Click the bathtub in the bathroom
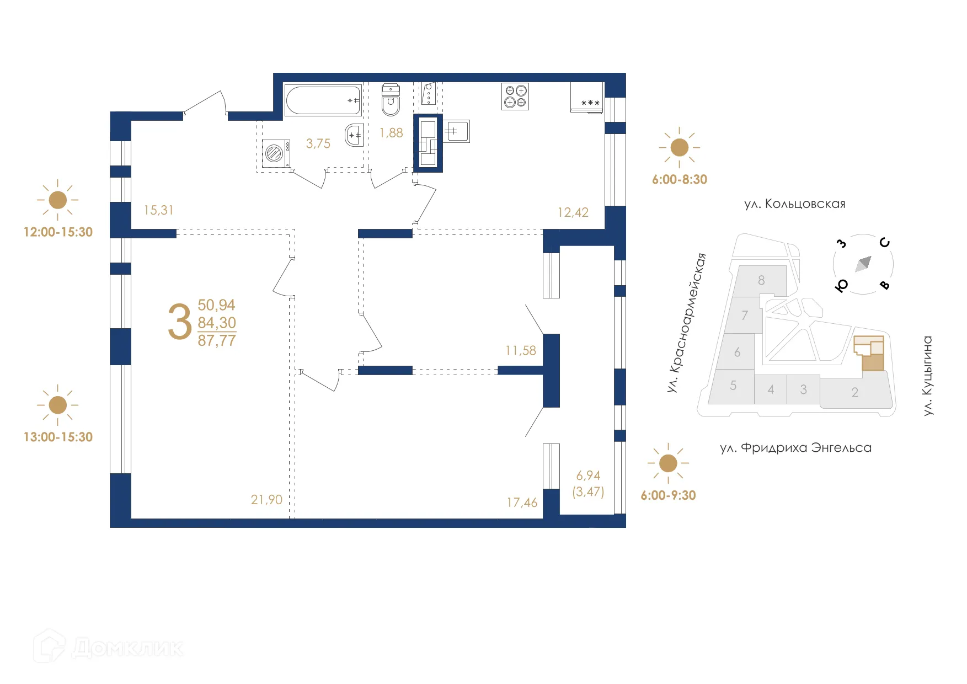coord(323,100)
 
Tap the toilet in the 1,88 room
coord(391,100)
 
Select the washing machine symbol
coord(275,153)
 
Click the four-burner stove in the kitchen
coord(515,97)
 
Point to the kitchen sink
coord(457,131)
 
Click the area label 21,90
coord(266,500)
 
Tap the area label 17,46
coord(522,503)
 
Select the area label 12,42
coord(573,212)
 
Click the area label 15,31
coord(158,210)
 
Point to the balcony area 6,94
coord(588,475)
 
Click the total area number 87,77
coord(217,341)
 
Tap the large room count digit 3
coord(180,322)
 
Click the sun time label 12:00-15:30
coord(58,232)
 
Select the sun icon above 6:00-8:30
coord(679,148)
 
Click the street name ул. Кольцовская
coord(794,204)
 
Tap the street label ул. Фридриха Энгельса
coord(795,448)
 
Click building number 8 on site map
coord(761,280)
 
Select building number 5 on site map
coord(733,386)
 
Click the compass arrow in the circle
coord(863,264)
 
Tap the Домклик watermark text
coord(127,648)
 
